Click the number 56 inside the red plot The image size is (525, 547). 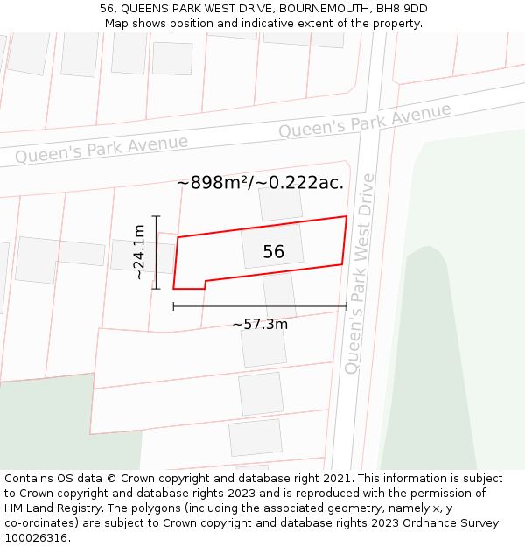[x=273, y=252]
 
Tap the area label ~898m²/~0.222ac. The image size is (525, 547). [x=260, y=183]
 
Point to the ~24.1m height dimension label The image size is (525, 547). [x=138, y=252]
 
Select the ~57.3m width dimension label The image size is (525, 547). [x=260, y=324]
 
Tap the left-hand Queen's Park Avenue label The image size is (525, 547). [x=101, y=149]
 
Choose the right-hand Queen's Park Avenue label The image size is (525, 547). [x=365, y=120]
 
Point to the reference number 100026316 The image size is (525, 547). [x=38, y=537]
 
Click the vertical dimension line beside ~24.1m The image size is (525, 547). [x=156, y=252]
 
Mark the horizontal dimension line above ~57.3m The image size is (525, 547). [x=260, y=306]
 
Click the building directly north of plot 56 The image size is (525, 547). [x=280, y=204]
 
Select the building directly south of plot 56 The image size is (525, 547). [x=279, y=294]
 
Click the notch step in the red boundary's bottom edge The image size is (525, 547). [x=205, y=284]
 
